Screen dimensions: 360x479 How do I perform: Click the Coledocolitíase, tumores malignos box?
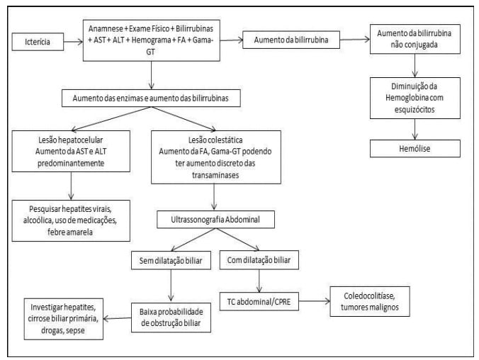point(368,300)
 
